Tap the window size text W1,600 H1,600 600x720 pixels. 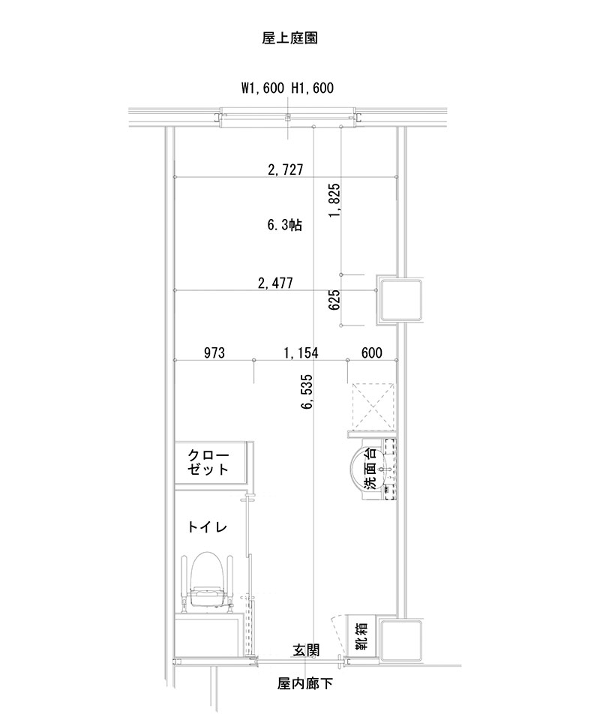point(287,88)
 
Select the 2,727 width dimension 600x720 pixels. point(285,170)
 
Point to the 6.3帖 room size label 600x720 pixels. point(285,225)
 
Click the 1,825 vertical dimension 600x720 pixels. point(334,200)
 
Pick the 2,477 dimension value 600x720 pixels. point(274,283)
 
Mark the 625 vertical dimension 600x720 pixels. point(334,300)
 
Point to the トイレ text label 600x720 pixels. point(208,527)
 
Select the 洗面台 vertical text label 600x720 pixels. point(370,469)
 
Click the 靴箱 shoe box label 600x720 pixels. point(361,637)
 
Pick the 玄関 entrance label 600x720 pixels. point(306,650)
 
